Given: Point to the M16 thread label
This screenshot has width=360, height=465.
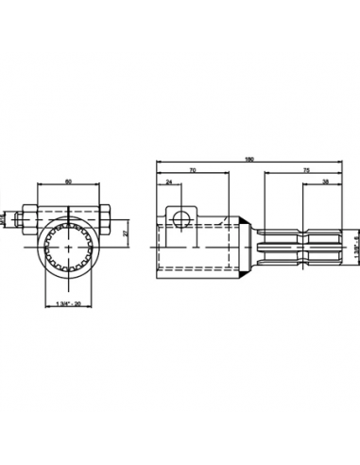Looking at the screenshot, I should coord(4,217).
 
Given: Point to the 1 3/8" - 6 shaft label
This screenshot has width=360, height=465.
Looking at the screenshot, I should coord(355,249).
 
